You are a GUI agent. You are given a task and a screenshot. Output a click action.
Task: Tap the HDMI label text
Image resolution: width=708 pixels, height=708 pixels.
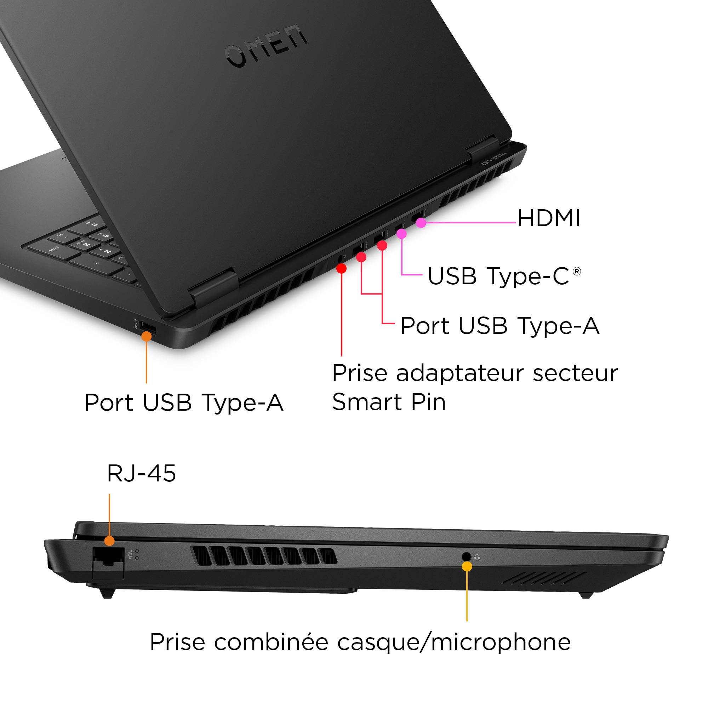(549, 219)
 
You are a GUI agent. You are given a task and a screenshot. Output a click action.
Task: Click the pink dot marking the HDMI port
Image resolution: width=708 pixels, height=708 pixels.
(421, 222)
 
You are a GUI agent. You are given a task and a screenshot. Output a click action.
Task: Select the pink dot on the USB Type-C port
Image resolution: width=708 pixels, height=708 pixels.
(402, 234)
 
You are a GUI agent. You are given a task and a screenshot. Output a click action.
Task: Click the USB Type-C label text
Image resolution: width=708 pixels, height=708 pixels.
(498, 276)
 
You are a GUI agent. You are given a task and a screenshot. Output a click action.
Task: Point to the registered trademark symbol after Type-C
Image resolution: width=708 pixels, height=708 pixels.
(576, 272)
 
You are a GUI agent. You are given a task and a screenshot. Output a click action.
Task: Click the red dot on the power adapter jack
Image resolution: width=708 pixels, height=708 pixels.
(341, 269)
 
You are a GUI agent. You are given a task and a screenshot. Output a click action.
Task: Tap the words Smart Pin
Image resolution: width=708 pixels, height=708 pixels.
(389, 402)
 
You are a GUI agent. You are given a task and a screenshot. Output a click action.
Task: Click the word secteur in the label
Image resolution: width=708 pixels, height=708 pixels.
(575, 373)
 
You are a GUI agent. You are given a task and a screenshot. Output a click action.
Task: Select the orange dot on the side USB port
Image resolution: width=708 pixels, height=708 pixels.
(146, 336)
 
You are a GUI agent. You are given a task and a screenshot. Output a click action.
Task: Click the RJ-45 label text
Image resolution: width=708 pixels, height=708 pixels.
(141, 473)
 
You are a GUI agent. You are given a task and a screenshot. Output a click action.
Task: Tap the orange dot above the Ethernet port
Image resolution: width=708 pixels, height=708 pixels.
(109, 541)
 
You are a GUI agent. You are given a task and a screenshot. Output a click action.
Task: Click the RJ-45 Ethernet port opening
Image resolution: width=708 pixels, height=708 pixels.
(108, 556)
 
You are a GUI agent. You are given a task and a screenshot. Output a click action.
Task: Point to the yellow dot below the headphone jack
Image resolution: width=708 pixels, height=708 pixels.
(467, 566)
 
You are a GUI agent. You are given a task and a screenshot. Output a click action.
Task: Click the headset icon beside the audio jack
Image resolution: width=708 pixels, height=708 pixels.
(477, 558)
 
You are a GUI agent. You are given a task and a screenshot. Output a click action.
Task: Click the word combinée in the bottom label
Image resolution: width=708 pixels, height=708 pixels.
(271, 643)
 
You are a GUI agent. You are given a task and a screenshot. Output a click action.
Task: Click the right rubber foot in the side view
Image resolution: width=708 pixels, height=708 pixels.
(586, 595)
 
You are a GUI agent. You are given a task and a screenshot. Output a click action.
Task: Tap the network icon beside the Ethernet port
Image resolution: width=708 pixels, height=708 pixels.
(130, 554)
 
